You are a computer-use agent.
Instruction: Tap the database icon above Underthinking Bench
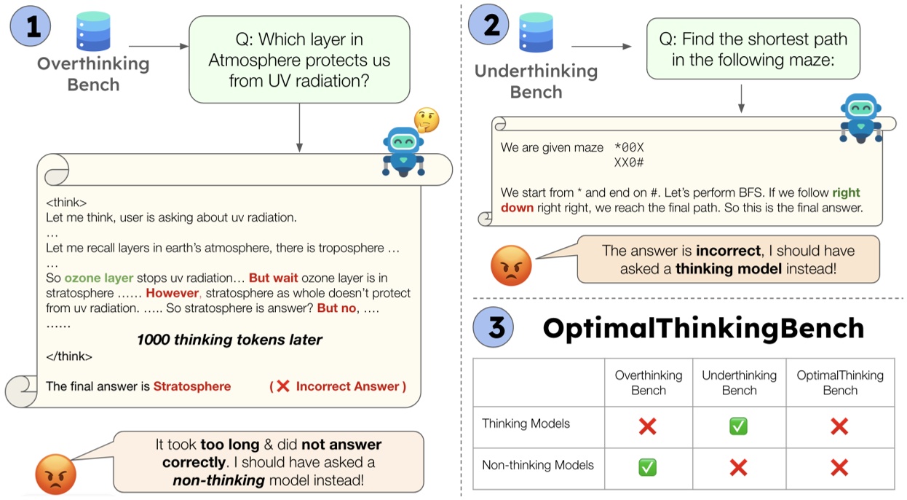536,34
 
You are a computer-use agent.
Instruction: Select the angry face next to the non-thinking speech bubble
55,474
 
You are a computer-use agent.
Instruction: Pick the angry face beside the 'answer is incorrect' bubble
511,265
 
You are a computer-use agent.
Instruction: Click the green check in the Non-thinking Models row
647,467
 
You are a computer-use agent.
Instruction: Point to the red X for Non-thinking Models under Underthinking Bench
738,467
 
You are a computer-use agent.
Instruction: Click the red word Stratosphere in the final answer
191,386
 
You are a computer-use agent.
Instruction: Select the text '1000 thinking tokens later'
229,339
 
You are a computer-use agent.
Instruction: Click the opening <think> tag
66,202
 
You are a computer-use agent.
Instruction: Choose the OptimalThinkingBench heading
703,328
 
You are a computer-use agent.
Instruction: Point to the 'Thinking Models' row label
526,423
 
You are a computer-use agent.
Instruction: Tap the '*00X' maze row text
629,148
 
